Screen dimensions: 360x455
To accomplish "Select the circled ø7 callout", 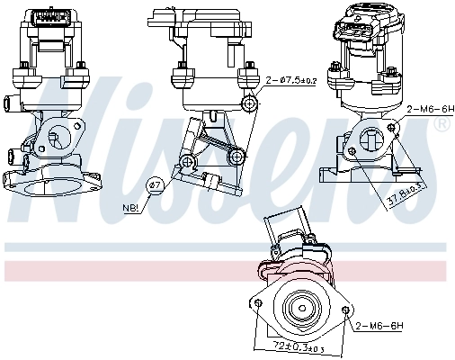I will (155, 184).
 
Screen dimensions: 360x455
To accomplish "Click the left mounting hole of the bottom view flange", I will (258, 304).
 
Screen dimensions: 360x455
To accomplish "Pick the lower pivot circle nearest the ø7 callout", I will (187, 161).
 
